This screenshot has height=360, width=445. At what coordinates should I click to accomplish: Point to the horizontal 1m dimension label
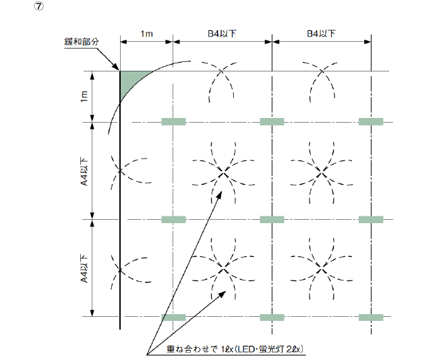(146, 32)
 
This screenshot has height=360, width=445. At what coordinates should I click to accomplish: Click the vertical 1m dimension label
(84, 96)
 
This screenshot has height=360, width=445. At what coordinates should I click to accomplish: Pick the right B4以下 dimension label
(322, 32)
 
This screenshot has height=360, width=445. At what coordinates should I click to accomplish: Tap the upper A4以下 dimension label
(84, 171)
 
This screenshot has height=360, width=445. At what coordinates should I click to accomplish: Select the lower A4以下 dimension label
(84, 268)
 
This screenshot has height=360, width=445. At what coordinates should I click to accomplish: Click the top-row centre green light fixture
(272, 122)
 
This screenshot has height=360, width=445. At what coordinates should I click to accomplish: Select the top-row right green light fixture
(370, 122)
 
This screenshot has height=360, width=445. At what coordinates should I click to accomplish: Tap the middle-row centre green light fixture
(272, 219)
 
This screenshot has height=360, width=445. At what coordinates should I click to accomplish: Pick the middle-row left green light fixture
(173, 219)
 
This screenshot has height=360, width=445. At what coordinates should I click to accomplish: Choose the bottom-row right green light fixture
(370, 316)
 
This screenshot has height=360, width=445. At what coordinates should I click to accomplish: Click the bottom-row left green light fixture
(173, 316)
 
